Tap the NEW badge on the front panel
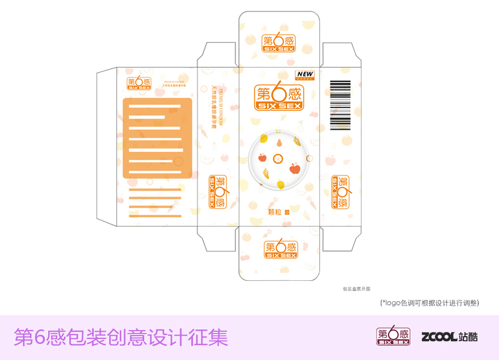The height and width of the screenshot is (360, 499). coord(306,75)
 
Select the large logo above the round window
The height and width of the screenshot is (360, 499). coord(279,97)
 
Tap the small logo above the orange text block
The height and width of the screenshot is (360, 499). coord(138,84)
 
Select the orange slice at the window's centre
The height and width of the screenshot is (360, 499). coord(278,159)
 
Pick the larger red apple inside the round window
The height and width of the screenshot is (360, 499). coord(294,169)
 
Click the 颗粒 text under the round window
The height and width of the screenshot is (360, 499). coord(275,211)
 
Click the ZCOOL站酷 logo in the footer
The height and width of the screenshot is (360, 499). coord(450,337)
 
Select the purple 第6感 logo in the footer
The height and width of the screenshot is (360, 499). coord(393,335)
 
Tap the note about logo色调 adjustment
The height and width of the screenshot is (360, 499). coord(429,303)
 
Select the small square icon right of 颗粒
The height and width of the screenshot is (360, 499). coord(287,212)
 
